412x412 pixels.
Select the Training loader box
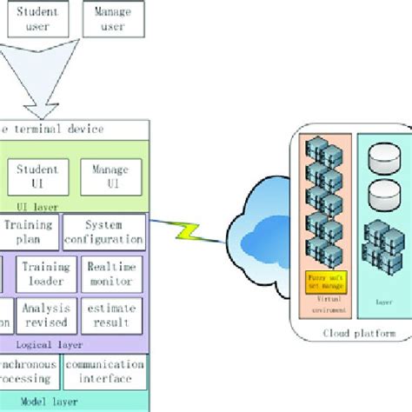click(x=45, y=273)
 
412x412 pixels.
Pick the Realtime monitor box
click(x=110, y=273)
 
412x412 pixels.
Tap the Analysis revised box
click(x=45, y=316)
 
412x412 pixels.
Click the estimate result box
click(x=110, y=316)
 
